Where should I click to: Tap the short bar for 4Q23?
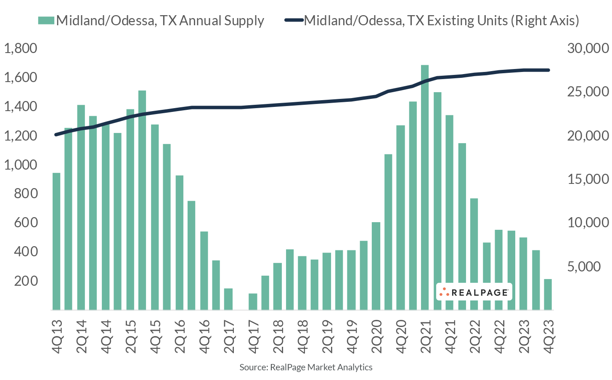click(548, 294)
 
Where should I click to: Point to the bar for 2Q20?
click(376, 266)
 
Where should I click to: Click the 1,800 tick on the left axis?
click(21, 48)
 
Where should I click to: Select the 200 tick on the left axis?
click(26, 281)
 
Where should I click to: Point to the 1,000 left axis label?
click(21, 165)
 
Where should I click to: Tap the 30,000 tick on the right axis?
click(588, 48)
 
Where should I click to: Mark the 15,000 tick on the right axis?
click(588, 179)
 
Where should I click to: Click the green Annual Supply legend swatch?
click(46, 21)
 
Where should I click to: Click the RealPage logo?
click(474, 292)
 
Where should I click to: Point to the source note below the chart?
click(306, 367)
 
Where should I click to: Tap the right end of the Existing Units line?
click(548, 70)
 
